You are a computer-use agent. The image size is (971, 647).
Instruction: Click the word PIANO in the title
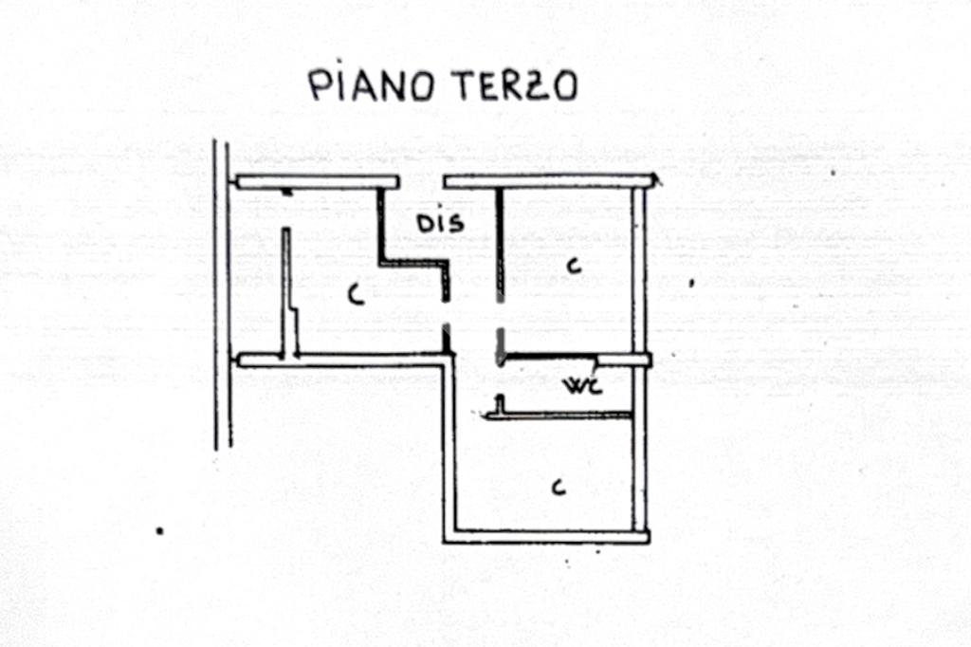point(371,85)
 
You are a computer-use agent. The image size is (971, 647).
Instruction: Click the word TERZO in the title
point(513,86)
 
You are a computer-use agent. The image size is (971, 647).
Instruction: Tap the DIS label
point(442,224)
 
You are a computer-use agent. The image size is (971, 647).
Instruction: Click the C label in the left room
point(355,296)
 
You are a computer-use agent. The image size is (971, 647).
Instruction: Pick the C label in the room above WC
point(572,267)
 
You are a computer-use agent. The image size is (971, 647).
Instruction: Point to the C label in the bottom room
point(559,488)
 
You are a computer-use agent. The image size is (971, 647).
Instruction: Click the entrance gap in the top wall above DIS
point(421,181)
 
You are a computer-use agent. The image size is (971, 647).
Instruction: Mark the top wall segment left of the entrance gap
point(317,181)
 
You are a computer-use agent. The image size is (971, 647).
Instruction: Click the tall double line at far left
point(222,294)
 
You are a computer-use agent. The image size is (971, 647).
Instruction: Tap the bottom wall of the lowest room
point(546,537)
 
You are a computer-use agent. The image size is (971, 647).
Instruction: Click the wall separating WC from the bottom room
point(565,415)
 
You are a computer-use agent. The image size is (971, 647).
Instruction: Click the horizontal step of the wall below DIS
point(413,263)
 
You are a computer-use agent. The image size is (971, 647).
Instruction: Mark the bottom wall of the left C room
point(341,360)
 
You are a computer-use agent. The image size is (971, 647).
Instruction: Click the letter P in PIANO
point(318,85)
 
